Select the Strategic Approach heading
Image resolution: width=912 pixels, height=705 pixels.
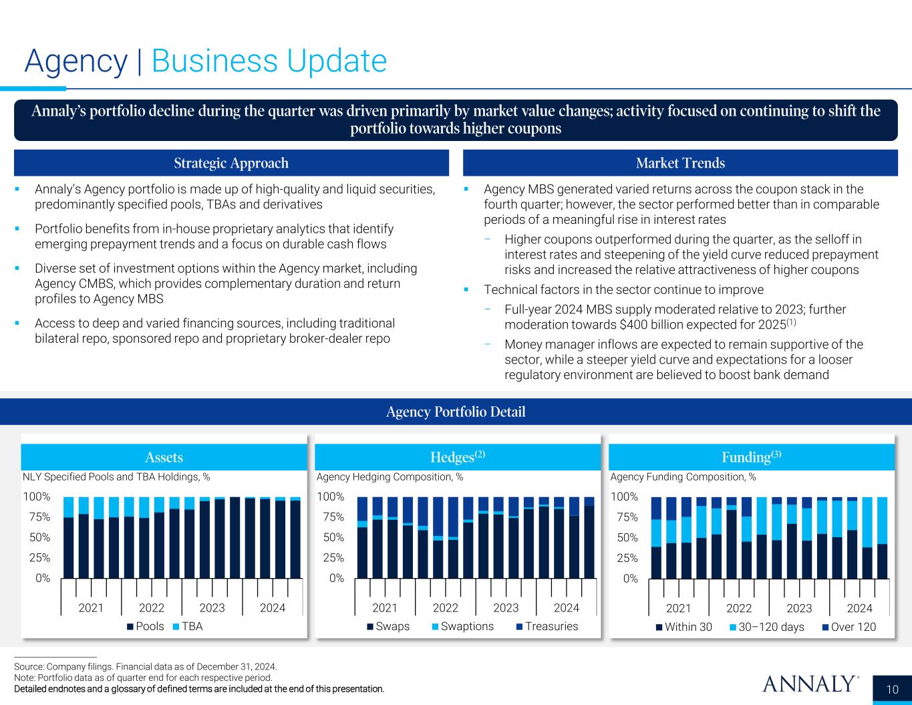(231, 163)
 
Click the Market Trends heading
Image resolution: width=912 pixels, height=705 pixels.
(680, 163)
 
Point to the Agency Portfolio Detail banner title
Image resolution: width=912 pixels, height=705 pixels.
(456, 412)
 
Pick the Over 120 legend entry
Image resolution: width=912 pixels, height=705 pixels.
(853, 627)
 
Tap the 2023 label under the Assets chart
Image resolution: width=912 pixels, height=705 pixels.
(212, 607)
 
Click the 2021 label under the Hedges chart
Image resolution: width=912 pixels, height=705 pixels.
(385, 607)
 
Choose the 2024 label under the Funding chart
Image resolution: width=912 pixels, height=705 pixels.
(859, 608)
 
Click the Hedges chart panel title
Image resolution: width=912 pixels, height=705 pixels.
(458, 457)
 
